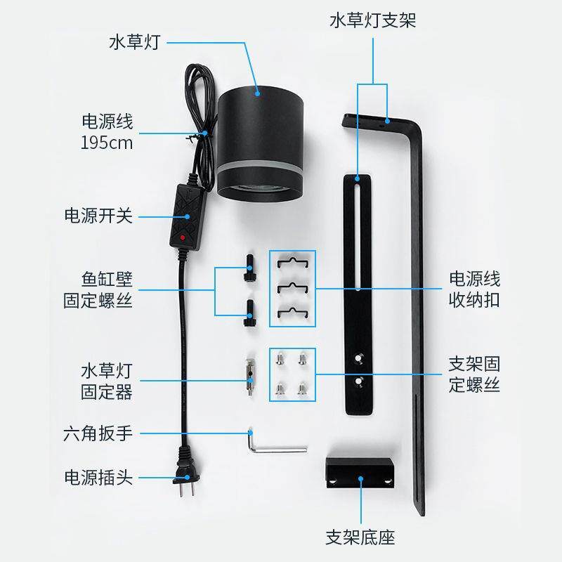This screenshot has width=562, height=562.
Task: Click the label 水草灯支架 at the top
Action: pos(372,20)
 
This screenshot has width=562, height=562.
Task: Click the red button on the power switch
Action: pos(183,238)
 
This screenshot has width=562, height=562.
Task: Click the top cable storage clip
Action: pos(292,263)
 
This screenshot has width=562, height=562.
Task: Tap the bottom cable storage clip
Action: pos(292,311)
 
